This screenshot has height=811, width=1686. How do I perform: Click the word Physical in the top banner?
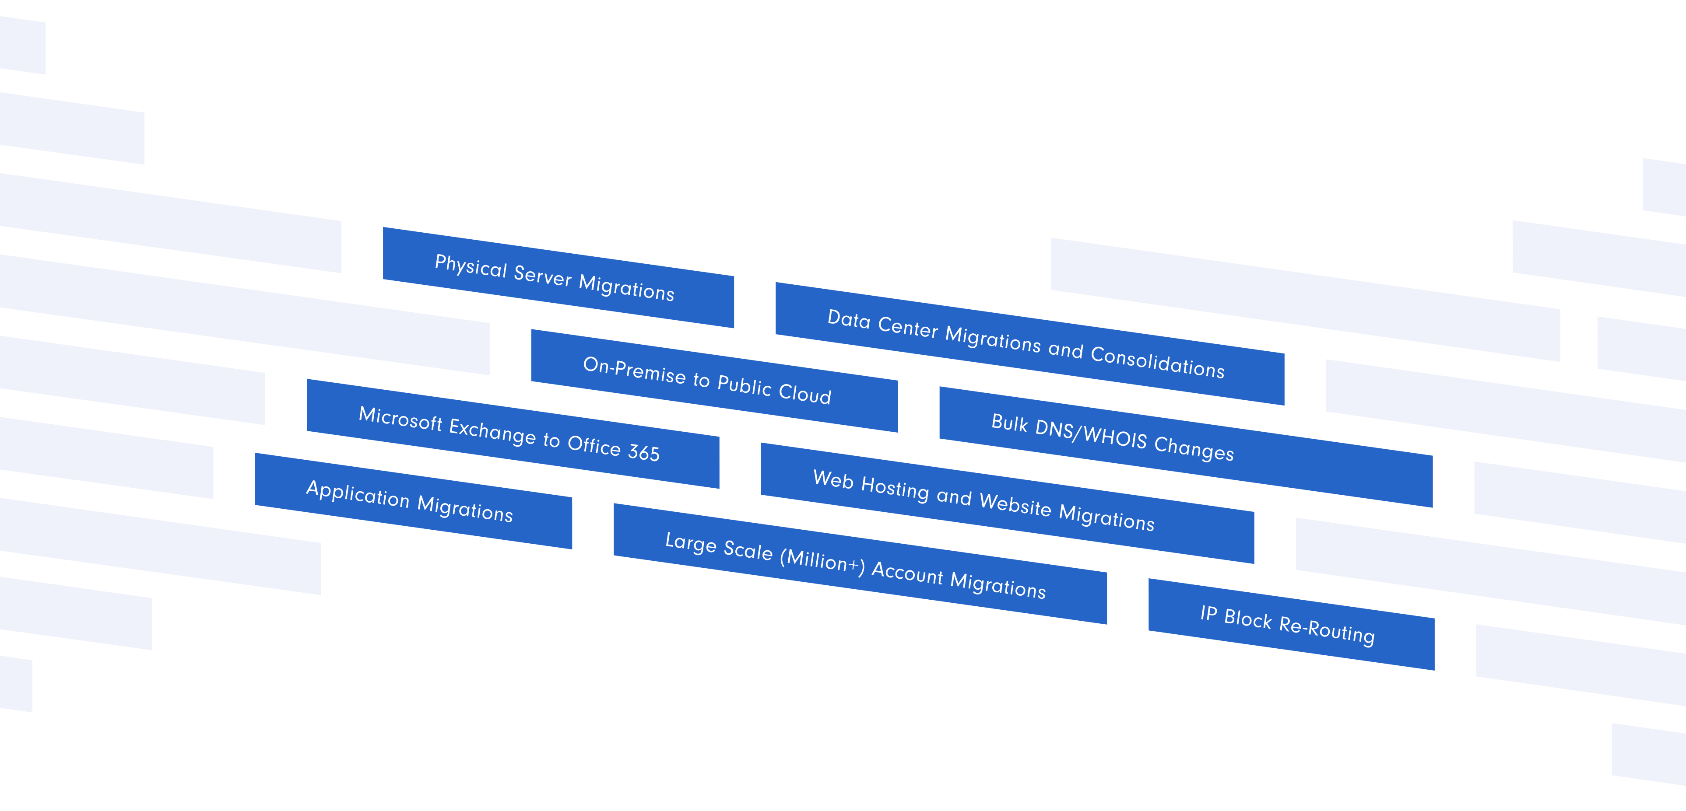[x=471, y=267]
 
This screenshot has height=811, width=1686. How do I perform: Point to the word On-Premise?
[x=633, y=370]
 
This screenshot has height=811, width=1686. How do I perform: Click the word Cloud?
[x=804, y=393]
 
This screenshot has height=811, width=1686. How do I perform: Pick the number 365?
[x=643, y=452]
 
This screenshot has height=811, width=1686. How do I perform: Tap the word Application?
[x=357, y=494]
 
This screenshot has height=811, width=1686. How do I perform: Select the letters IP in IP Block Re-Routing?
[x=1208, y=613]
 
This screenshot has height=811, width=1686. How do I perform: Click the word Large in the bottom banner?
[x=691, y=543]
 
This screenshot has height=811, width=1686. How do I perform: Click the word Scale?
[x=748, y=551]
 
